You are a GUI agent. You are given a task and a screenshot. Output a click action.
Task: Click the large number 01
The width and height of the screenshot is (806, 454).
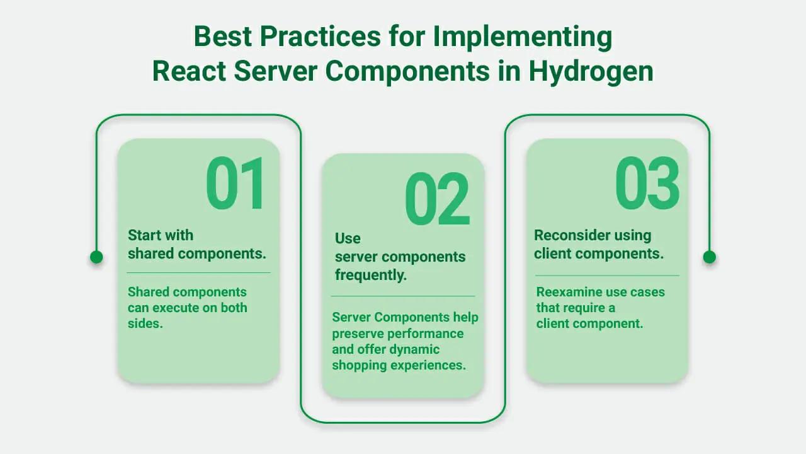(x=236, y=184)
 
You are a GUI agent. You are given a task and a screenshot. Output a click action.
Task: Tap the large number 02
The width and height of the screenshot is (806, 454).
(x=437, y=199)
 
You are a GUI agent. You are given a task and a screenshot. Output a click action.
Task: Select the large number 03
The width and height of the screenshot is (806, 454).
(x=647, y=184)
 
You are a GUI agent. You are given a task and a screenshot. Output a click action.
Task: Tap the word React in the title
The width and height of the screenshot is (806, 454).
(x=188, y=71)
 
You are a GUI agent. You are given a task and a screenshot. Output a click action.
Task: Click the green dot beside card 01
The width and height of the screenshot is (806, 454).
(x=96, y=257)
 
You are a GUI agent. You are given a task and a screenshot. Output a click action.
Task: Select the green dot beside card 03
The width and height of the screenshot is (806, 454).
(x=709, y=257)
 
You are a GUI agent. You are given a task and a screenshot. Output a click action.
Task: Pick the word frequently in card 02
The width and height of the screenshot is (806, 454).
(x=370, y=275)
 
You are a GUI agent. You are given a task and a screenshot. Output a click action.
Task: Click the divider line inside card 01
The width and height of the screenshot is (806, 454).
(x=198, y=272)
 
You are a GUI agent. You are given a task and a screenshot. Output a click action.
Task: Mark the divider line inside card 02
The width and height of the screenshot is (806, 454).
(x=403, y=296)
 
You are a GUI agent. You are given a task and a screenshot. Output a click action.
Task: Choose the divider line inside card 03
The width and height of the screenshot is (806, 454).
(x=607, y=276)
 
